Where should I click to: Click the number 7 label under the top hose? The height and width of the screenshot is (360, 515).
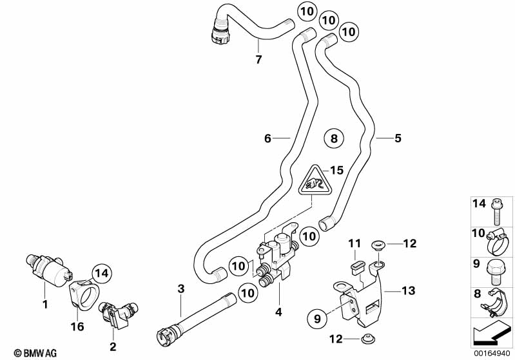click(258, 60)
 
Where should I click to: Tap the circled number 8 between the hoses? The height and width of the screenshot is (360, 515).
click(333, 138)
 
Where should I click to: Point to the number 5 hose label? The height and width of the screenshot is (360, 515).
click(398, 138)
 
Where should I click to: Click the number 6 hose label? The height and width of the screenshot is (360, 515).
click(267, 138)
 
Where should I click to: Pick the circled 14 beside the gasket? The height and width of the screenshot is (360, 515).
click(101, 274)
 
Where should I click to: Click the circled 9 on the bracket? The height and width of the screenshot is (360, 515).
click(318, 317)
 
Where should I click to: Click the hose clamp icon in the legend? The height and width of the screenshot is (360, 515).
click(495, 239)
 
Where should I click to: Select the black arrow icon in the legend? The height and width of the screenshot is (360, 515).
click(492, 335)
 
